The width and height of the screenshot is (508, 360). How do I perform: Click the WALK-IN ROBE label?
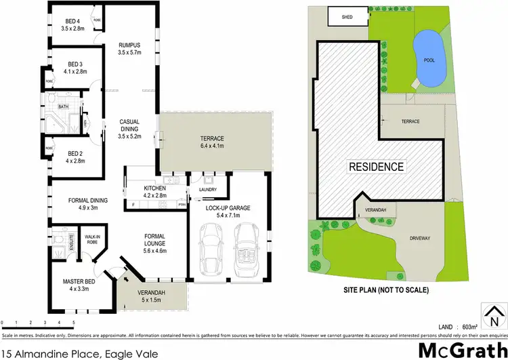(x=91, y=239)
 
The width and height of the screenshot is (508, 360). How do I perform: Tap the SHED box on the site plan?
(x=347, y=17)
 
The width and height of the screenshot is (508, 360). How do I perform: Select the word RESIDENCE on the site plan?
(x=377, y=166)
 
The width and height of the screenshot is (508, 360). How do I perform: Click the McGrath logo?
(x=458, y=350)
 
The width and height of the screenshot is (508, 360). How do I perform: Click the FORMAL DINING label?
(x=88, y=204)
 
